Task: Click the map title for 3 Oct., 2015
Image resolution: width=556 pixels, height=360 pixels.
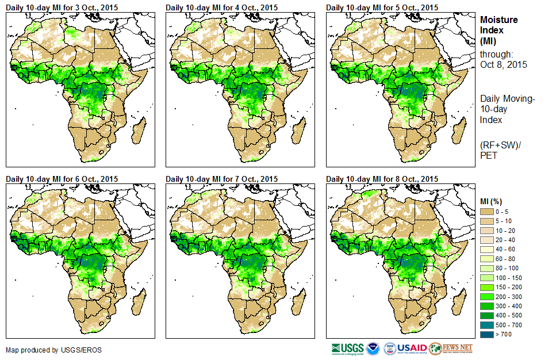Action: pos(62,7)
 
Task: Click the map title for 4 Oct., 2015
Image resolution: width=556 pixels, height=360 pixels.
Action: pos(221,7)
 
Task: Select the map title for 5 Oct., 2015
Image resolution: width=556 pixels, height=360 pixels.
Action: pos(382,7)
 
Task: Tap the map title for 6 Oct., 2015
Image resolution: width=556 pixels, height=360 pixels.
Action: pos(62,179)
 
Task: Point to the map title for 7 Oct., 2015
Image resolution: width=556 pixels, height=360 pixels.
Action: pos(221,179)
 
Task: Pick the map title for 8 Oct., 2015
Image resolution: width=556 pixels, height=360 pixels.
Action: pos(382,179)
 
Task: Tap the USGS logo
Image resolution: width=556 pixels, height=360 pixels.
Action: pos(347,348)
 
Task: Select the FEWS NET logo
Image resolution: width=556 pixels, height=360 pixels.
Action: pos(451,348)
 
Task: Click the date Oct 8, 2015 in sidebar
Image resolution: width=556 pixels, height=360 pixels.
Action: pos(504,64)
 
